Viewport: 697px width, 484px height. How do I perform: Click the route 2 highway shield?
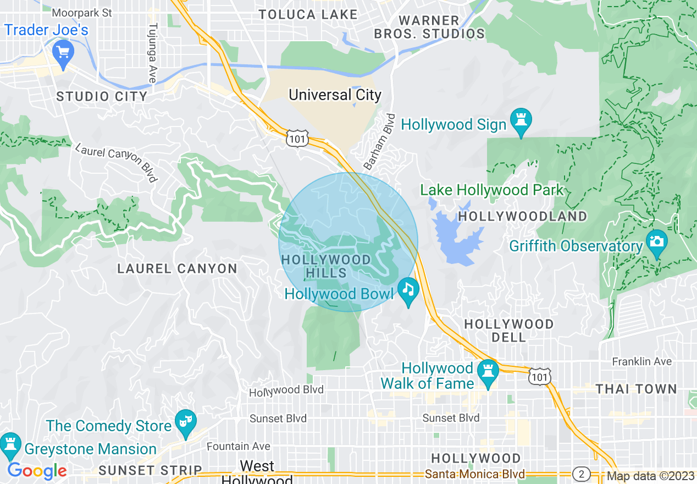coord(581,474)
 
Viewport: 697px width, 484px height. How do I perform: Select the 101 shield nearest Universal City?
coord(297,139)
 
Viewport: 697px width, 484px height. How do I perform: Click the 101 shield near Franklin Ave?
coord(539,377)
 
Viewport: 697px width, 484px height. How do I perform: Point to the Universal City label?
coord(335,95)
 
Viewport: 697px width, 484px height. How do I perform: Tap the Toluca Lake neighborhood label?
coord(308,15)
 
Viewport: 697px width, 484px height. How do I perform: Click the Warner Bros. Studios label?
coord(429,28)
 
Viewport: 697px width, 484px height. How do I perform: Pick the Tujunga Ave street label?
coord(152,53)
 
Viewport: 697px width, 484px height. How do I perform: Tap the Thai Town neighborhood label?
coord(636,389)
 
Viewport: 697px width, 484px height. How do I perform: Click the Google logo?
coord(37,470)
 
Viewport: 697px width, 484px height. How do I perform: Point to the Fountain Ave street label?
coord(239,446)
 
